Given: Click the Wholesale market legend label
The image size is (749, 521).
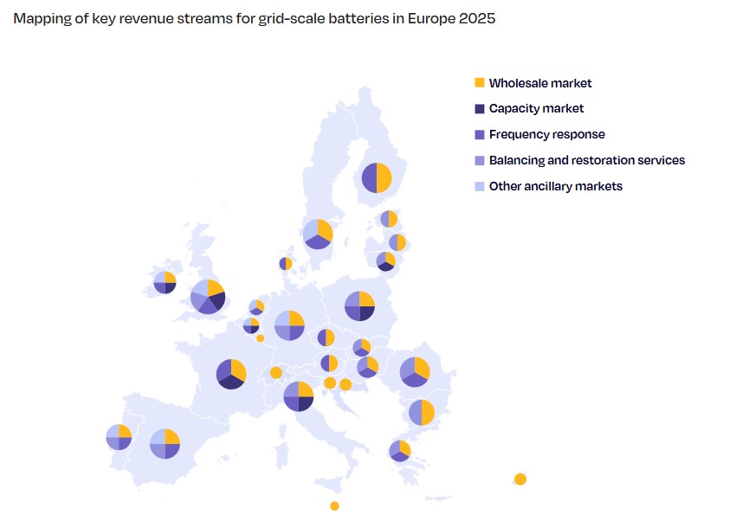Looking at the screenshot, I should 540,83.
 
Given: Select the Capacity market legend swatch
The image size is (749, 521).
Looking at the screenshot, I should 480,109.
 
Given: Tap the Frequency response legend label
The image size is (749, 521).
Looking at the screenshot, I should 546,135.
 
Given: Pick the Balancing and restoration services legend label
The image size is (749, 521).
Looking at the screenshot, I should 586,160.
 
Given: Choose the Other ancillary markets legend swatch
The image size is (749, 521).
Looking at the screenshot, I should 480,186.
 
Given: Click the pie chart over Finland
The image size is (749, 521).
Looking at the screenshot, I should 377,178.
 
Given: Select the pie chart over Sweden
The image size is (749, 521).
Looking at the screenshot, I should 318,234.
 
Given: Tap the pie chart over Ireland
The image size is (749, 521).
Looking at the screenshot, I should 165,282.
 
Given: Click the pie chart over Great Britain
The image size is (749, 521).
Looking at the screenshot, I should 208,296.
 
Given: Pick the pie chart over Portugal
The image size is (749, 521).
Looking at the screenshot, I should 119,437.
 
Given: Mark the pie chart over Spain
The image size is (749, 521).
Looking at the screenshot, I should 165,443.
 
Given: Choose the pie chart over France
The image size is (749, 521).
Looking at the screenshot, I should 231,374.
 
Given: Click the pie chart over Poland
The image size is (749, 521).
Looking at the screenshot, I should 359,306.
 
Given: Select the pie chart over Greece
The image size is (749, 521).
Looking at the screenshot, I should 399,450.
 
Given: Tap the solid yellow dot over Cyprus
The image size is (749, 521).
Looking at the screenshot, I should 520,479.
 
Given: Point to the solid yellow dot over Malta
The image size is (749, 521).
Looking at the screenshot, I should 334,506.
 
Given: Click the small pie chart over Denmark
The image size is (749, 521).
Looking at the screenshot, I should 286,263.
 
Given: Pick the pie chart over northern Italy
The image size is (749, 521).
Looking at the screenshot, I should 299,396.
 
